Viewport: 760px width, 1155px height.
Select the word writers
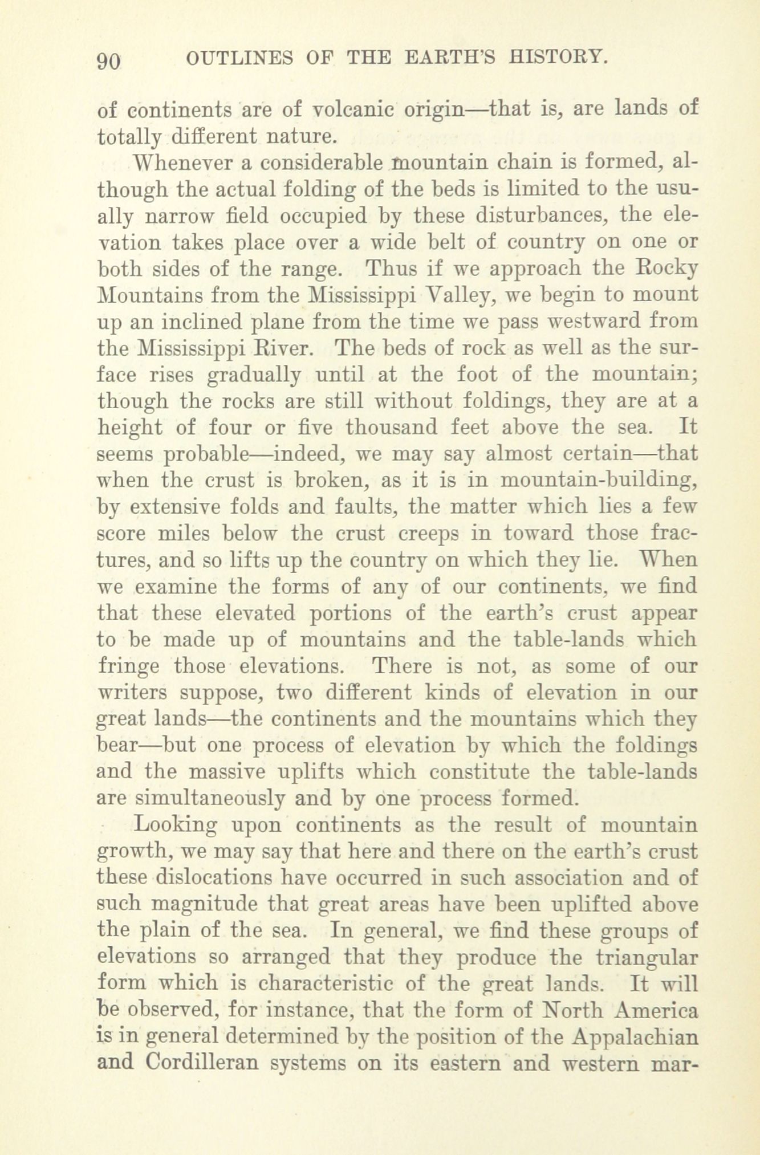pos(132,693)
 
